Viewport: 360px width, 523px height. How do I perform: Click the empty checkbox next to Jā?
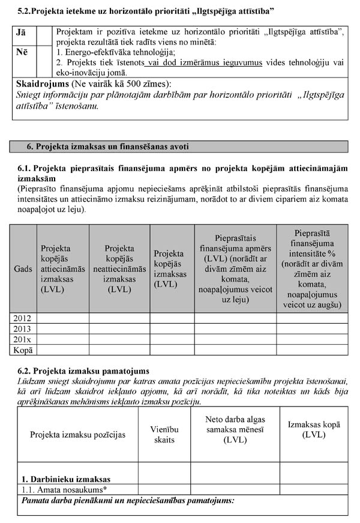(x=44, y=35)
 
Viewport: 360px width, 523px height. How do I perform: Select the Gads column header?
(x=23, y=269)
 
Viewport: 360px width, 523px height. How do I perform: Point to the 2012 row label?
(x=22, y=318)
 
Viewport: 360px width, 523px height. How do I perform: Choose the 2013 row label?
(x=22, y=328)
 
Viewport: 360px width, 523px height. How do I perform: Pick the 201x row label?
(x=22, y=339)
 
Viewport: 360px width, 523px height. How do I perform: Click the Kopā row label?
(x=23, y=349)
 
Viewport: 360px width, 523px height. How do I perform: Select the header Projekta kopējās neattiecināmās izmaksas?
(x=119, y=268)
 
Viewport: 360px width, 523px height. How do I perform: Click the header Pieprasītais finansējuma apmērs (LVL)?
(x=235, y=268)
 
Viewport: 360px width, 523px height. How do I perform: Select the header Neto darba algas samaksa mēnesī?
(x=235, y=429)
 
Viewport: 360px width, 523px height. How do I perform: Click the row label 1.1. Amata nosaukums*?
(x=59, y=490)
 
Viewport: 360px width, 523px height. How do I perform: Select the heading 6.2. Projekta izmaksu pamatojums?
(x=83, y=371)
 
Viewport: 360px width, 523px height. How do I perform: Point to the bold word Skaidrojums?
(x=43, y=83)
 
